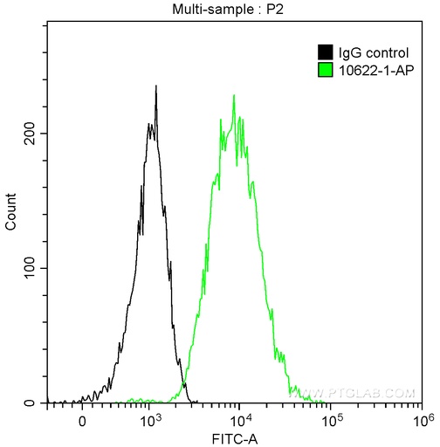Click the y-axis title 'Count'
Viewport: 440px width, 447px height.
click(10, 213)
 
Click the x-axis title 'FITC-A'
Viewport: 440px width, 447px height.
click(239, 436)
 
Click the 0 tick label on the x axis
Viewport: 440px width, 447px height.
click(82, 419)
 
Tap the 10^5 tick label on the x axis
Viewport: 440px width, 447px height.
click(332, 418)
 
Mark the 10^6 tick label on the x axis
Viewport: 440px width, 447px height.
click(423, 418)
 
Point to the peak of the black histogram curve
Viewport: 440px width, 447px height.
click(155, 86)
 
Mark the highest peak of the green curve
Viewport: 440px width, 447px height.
click(234, 95)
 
